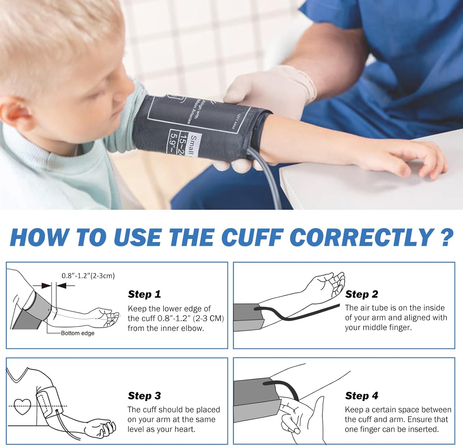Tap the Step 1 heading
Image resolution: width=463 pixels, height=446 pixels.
point(144,294)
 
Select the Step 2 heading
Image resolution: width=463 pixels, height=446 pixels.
point(361,294)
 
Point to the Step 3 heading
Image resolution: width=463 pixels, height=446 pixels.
point(144,396)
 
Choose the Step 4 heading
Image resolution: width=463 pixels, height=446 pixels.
point(361,396)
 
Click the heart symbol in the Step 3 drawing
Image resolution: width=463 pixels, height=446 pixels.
point(23,407)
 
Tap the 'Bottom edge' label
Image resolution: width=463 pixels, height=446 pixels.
point(77,333)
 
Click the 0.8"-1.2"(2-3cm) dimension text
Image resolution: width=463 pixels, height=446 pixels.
point(88,276)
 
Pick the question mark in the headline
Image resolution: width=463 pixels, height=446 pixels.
point(446,238)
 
